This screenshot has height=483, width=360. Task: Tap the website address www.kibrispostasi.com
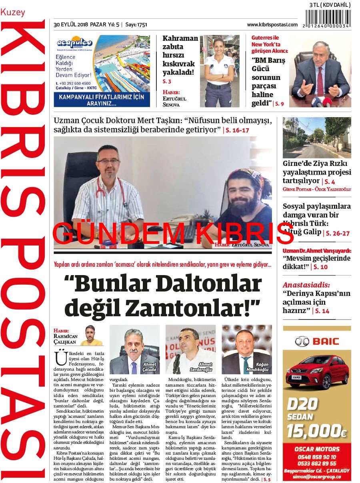272,24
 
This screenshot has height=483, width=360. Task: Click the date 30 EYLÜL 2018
71,24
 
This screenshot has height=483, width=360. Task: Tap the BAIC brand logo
317,341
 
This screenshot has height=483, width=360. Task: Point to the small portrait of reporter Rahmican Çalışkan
92,336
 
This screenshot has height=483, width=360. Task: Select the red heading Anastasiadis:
301,285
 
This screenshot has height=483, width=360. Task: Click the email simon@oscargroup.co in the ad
316,477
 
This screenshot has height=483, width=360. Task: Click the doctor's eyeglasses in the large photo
108,161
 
